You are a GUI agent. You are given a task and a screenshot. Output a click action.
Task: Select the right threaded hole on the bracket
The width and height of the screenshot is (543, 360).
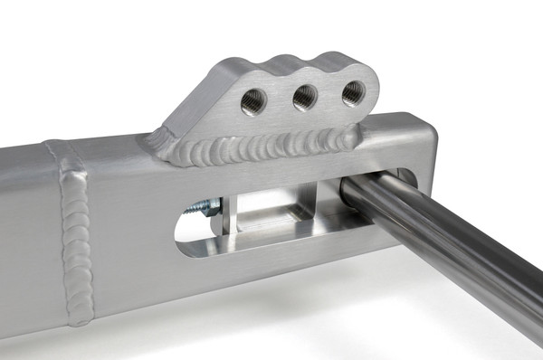352,92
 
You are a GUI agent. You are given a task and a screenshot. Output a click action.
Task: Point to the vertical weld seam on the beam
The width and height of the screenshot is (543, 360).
74,235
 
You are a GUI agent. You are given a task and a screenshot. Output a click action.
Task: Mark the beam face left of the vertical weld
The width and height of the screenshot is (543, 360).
27,235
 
